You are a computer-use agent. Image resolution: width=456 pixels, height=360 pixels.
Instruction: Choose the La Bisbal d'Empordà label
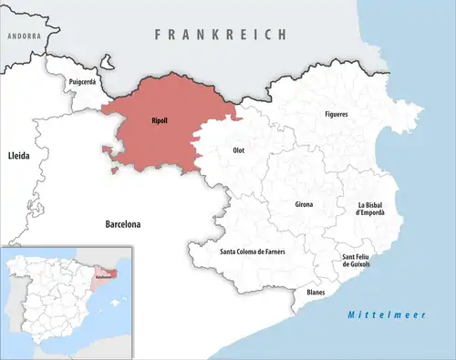(x=370, y=209)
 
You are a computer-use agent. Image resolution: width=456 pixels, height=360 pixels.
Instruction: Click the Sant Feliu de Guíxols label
(x=357, y=262)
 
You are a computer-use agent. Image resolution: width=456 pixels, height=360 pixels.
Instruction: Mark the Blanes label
(x=316, y=293)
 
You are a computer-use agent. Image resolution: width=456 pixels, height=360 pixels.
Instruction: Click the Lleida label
(x=18, y=157)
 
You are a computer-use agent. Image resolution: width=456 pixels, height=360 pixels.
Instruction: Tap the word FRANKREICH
(x=220, y=34)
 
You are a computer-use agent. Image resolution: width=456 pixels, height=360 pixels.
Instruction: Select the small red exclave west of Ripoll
(x=110, y=151)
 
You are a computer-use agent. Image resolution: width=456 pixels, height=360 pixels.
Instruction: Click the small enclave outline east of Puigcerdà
(x=109, y=66)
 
